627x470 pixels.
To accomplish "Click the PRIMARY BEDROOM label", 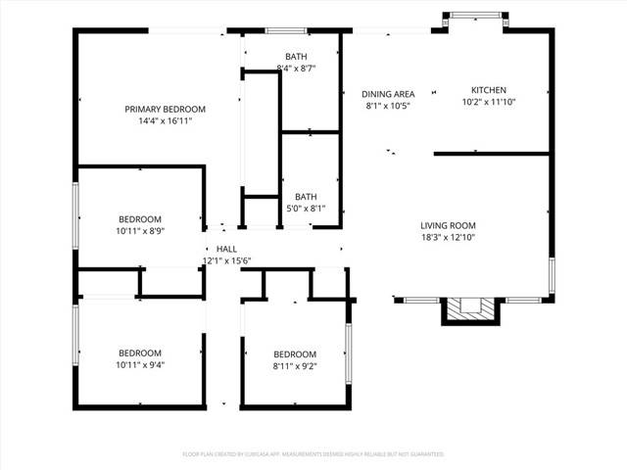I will click(165, 109).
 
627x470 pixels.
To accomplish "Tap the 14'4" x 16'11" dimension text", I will click(165, 121).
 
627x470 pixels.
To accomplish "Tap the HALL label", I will click(226, 249).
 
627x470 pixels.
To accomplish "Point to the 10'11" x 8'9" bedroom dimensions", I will click(141, 232).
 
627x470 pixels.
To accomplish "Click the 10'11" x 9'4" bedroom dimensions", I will click(141, 366).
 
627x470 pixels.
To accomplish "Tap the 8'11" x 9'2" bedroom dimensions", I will click(295, 366).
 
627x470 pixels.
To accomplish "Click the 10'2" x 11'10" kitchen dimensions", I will click(488, 101).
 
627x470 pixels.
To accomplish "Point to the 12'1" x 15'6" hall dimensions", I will click(227, 261).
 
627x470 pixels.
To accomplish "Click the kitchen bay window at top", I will click(476, 15).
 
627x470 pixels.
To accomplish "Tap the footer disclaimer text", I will click(313, 454).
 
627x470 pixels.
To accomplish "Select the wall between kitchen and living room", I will click(491, 153).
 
